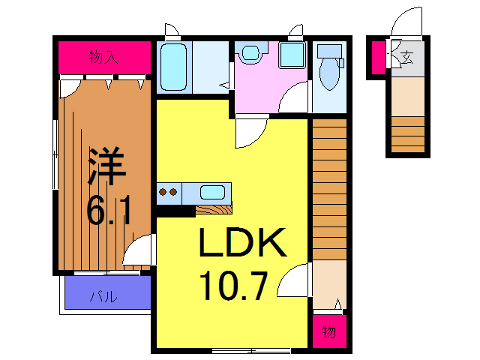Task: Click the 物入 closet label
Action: (104, 57)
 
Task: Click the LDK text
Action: (242, 243)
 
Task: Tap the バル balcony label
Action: (103, 295)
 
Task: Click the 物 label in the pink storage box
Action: (328, 331)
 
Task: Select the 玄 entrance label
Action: (407, 56)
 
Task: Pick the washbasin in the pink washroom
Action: (250, 54)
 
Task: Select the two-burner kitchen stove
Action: (169, 191)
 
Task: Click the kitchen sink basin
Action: (214, 190)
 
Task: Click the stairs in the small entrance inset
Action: (407, 135)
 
